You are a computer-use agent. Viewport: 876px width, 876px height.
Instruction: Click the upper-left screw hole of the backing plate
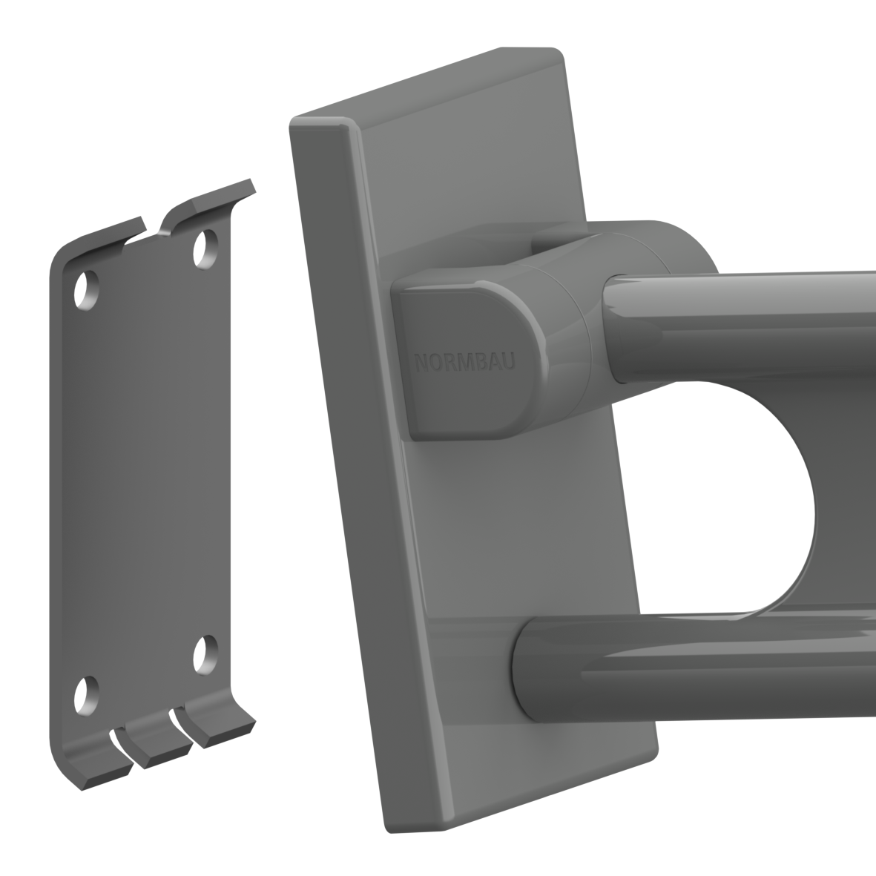[87, 290]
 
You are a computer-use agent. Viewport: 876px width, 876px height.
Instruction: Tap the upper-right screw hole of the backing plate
[205, 248]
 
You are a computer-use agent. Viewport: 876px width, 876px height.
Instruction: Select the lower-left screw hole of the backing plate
[87, 696]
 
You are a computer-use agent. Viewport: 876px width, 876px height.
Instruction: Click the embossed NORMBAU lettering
[465, 362]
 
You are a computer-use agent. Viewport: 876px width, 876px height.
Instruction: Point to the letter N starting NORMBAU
[422, 363]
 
